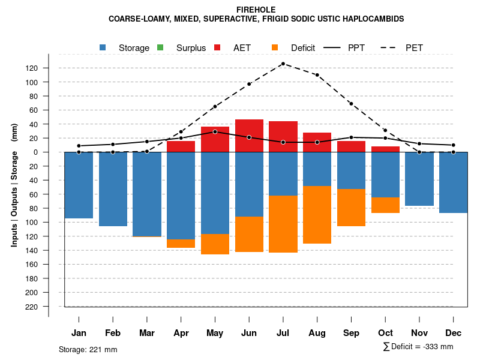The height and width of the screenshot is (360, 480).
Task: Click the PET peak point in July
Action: click(283, 64)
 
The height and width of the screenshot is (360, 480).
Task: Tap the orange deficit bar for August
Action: click(317, 215)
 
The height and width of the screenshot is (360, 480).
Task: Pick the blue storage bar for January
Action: click(79, 185)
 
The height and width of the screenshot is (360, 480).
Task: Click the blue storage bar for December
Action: click(453, 182)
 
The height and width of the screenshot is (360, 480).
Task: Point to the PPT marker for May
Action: click(215, 131)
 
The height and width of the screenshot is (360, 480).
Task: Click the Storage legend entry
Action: click(133, 48)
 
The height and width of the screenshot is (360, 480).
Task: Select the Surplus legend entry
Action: click(191, 48)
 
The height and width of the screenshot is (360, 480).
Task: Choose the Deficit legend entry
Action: click(302, 48)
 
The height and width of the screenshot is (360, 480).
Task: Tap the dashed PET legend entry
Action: click(413, 48)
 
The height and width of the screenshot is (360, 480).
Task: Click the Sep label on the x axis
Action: click(352, 333)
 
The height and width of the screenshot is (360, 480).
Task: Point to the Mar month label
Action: click(146, 333)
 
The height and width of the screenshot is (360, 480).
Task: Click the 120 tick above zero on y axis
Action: click(32, 68)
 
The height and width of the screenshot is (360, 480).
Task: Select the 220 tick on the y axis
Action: click(32, 307)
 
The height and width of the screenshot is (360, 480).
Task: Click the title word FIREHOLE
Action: click(256, 10)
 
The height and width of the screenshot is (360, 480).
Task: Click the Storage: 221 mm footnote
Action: click(88, 349)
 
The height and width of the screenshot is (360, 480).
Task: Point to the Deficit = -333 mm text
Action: click(421, 347)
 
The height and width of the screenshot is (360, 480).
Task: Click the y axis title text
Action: click(14, 185)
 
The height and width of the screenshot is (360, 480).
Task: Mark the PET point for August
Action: click(317, 75)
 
